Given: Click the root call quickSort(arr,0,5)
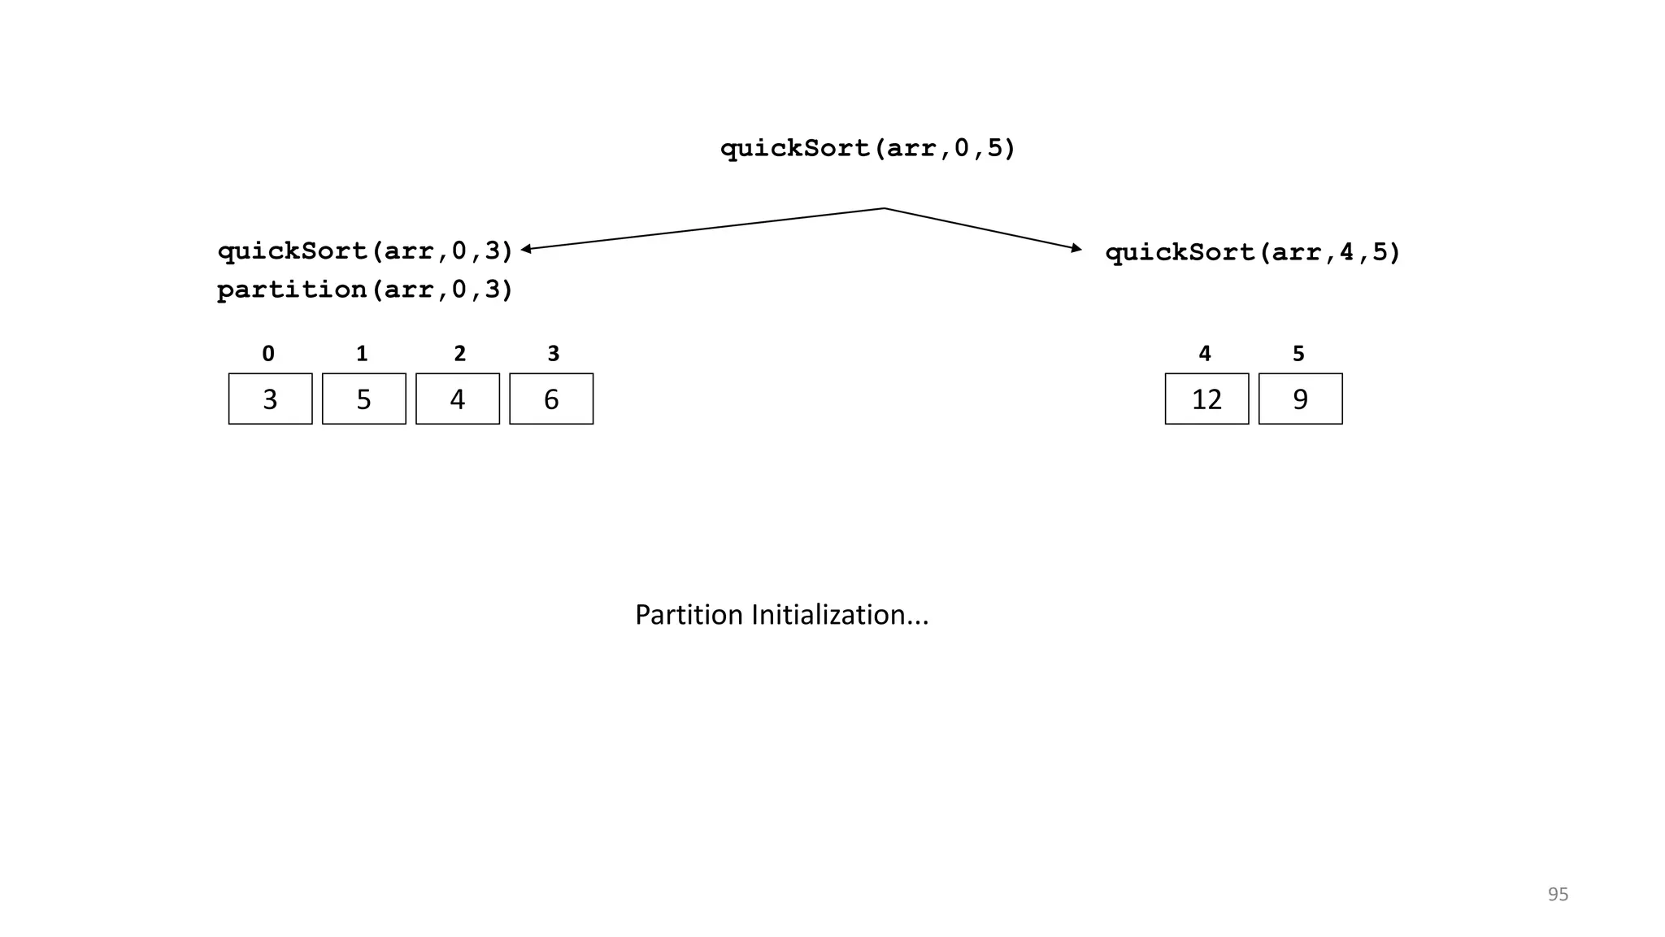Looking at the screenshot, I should [x=867, y=149].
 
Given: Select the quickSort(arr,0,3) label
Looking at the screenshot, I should [x=365, y=251].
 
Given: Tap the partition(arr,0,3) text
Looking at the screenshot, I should [x=365, y=290].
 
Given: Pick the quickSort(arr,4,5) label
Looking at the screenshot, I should [x=1253, y=252].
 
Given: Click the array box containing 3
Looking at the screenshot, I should [x=270, y=399].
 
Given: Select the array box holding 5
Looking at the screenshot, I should [x=363, y=399].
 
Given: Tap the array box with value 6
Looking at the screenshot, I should [x=551, y=399].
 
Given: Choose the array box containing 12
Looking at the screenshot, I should [x=1206, y=399].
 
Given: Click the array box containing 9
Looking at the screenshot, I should [x=1300, y=399].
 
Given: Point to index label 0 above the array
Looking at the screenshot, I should [x=268, y=354].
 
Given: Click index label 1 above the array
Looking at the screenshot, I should [x=362, y=354].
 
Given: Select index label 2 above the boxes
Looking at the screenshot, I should [x=459, y=354].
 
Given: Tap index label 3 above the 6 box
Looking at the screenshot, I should [x=554, y=354].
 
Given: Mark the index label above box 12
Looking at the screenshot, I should [x=1205, y=354].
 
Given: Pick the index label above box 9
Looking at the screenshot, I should [x=1298, y=354].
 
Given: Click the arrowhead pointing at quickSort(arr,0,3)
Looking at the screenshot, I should [x=526, y=249].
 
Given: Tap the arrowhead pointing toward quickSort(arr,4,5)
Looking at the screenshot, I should [x=1076, y=248].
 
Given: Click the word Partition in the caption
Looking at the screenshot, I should [x=689, y=615].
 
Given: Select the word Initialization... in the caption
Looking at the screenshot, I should [x=839, y=615].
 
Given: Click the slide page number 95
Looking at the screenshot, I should [x=1558, y=894].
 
